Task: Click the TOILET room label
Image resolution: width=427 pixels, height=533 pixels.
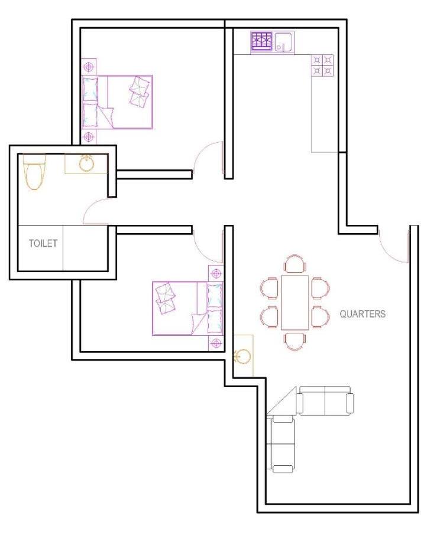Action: point(43,243)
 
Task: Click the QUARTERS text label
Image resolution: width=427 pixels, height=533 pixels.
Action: point(363,314)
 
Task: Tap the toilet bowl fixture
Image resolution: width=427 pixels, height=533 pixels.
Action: point(34,172)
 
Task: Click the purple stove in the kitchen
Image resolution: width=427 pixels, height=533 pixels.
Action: point(262,41)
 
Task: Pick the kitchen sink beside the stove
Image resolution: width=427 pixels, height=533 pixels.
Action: point(284,42)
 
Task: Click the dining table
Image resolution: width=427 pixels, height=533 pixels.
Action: point(295,303)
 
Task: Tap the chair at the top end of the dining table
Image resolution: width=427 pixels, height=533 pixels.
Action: point(295,264)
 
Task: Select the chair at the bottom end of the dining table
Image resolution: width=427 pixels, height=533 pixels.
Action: point(295,341)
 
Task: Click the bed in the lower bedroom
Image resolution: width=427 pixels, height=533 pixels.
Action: point(187,308)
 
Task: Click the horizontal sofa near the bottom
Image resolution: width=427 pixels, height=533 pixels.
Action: point(325,400)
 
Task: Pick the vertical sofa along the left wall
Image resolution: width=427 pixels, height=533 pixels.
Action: point(281,444)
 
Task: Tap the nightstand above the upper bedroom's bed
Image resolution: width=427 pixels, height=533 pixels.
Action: point(89,67)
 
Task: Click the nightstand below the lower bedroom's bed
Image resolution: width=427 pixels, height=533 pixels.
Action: point(216,344)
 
